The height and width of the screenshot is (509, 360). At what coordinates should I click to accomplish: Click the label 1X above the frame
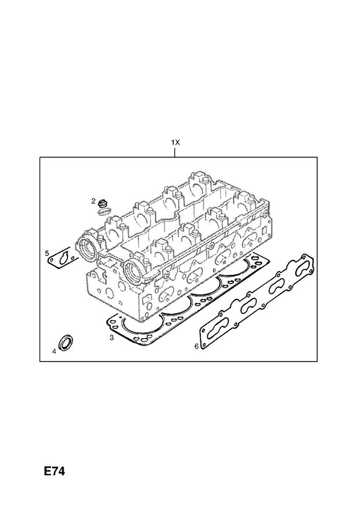(x=176, y=142)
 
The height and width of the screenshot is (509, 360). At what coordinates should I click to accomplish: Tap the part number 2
(x=93, y=202)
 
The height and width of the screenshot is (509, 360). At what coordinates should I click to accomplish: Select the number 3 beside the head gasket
(x=111, y=338)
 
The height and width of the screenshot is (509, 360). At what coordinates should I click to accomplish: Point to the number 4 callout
(x=54, y=351)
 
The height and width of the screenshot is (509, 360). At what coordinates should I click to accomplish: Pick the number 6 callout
(x=197, y=347)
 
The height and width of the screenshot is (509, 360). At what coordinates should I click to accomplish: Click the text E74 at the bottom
(x=55, y=471)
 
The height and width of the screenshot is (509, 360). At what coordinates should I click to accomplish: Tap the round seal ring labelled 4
(x=66, y=341)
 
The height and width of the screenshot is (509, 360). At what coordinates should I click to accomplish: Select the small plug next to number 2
(x=103, y=203)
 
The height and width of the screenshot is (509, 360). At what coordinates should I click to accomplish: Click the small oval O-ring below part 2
(x=104, y=211)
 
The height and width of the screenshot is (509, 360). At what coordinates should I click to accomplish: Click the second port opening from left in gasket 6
(x=249, y=307)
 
